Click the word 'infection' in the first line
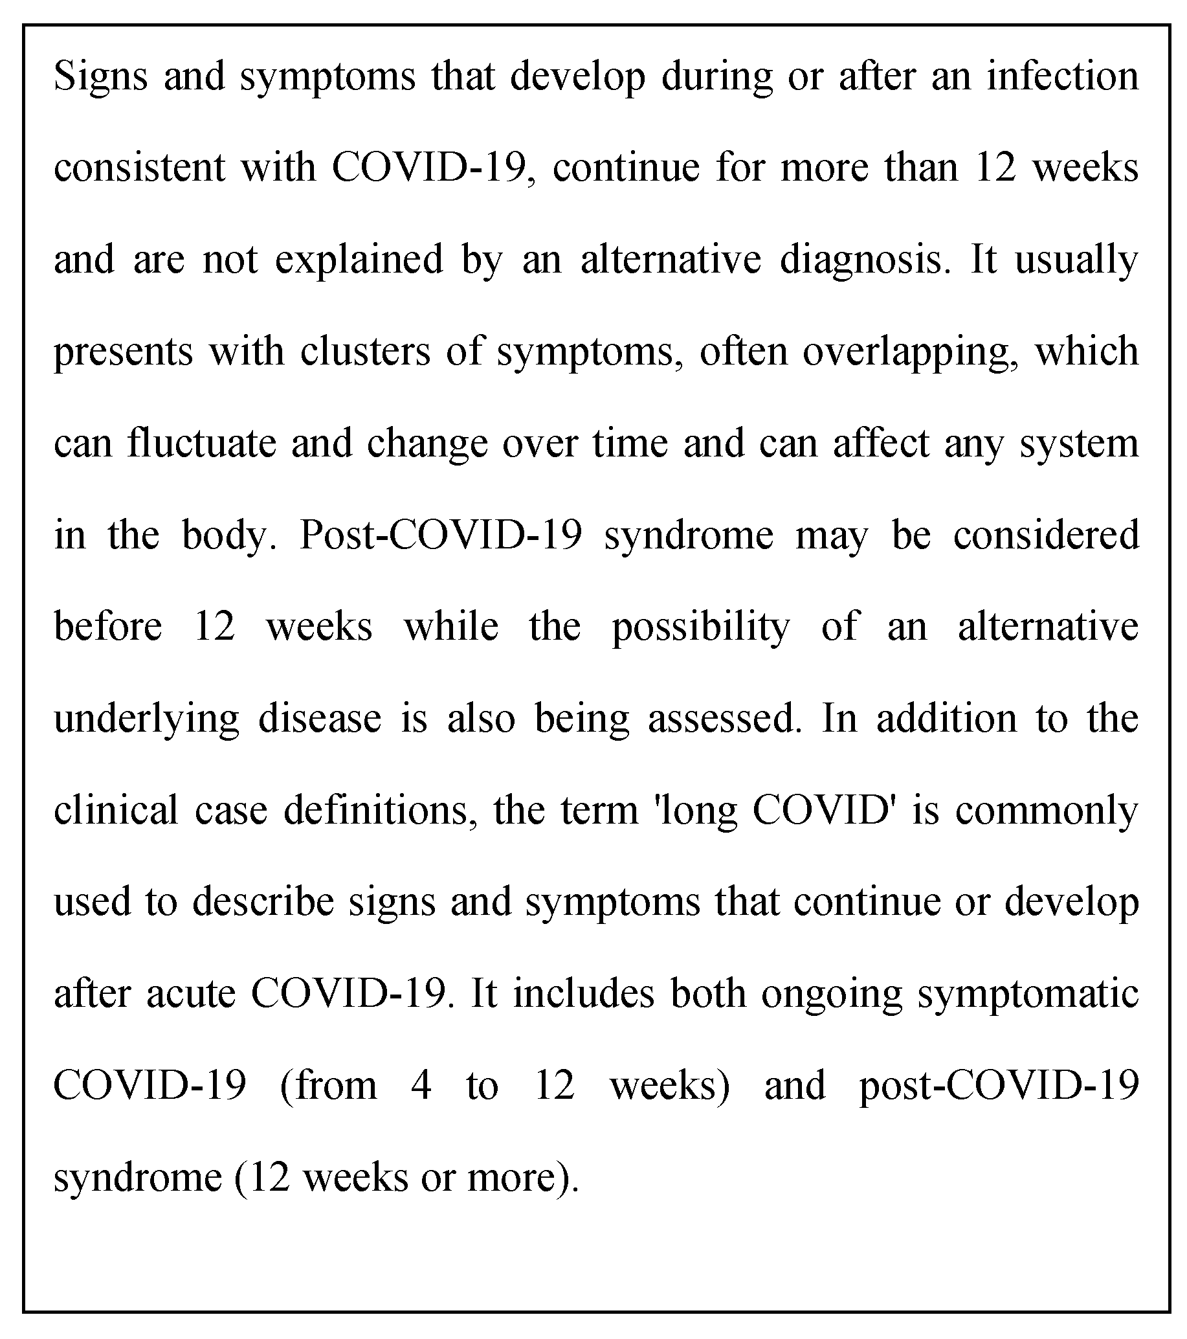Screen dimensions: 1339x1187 click(1063, 76)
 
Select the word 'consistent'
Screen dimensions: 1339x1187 click(138, 168)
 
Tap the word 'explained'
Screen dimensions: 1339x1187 click(359, 260)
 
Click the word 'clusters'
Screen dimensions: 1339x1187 click(365, 351)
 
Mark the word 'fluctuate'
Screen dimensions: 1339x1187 click(202, 443)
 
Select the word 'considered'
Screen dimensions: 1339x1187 click(1045, 535)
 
